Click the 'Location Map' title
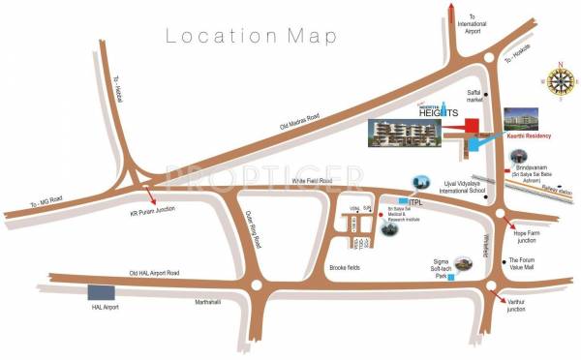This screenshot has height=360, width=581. [253, 37]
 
